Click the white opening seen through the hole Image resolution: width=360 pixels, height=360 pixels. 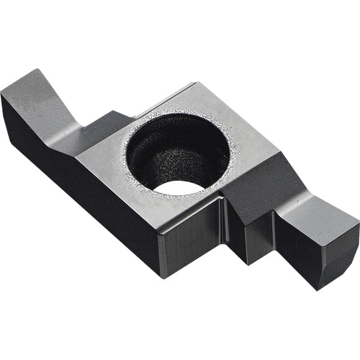(x=179, y=188)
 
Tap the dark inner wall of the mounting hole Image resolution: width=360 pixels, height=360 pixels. (x=173, y=155)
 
